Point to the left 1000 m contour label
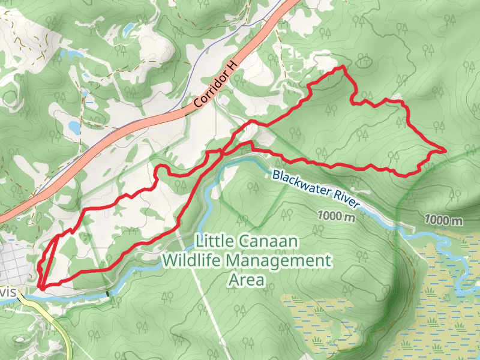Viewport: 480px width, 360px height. click(x=337, y=216)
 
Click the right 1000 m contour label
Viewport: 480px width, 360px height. click(x=443, y=220)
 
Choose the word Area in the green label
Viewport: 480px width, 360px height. click(x=247, y=280)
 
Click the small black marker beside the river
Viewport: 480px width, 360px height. click(x=108, y=294)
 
